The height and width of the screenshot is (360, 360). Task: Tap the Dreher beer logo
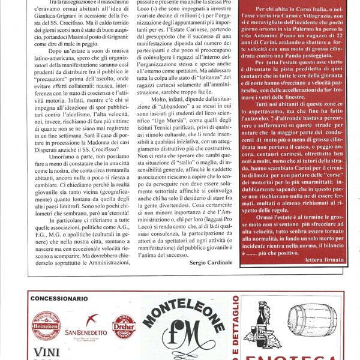pyautogui.click(x=124, y=328)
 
